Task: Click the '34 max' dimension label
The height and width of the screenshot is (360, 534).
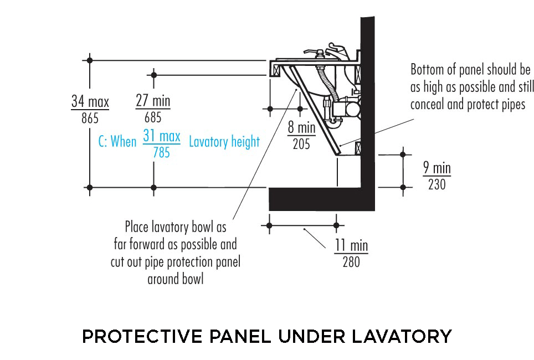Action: [x=90, y=102]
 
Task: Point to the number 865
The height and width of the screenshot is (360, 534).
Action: [x=90, y=117]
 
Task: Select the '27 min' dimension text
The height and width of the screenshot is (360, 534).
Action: [x=153, y=102]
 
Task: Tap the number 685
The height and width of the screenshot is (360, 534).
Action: [x=153, y=117]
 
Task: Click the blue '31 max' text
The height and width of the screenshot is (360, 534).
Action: [x=162, y=136]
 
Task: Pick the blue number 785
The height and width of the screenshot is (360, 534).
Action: [x=161, y=152]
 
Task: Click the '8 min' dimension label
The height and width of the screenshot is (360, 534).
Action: [x=301, y=128]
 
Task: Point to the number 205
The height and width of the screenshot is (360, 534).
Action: [x=301, y=144]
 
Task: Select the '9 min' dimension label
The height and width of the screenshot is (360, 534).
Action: [x=437, y=168]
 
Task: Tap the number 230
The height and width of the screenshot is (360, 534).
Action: [x=437, y=184]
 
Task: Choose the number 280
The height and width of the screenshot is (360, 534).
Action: [x=351, y=261]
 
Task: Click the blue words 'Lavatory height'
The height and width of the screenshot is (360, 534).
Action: [x=224, y=142]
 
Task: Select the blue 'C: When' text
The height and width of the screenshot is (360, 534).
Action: [x=117, y=142]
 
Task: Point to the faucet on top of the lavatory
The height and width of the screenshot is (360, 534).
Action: [x=335, y=51]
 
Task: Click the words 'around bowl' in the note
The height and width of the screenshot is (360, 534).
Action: [x=176, y=279]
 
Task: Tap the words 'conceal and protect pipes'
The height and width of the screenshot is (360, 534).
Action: [x=468, y=104]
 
